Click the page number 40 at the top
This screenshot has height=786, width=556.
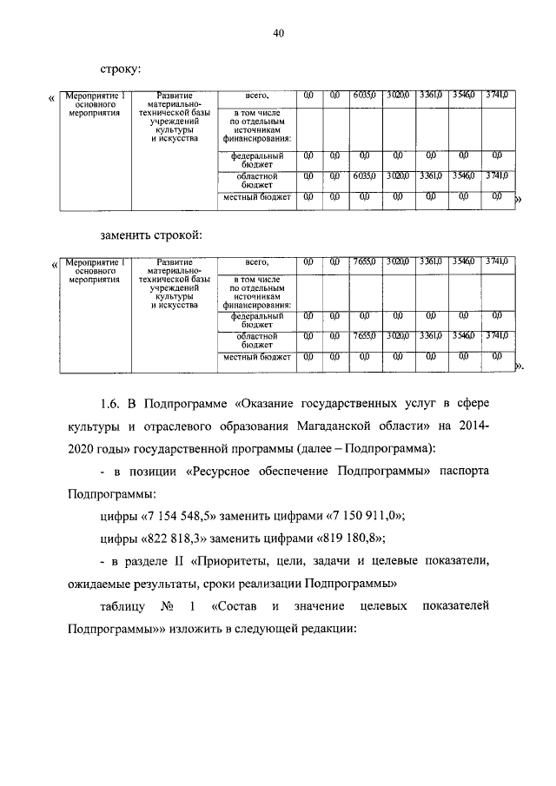tap(278, 33)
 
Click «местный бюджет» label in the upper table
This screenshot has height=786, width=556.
tap(256, 197)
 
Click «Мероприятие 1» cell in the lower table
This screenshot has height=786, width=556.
tap(96, 261)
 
